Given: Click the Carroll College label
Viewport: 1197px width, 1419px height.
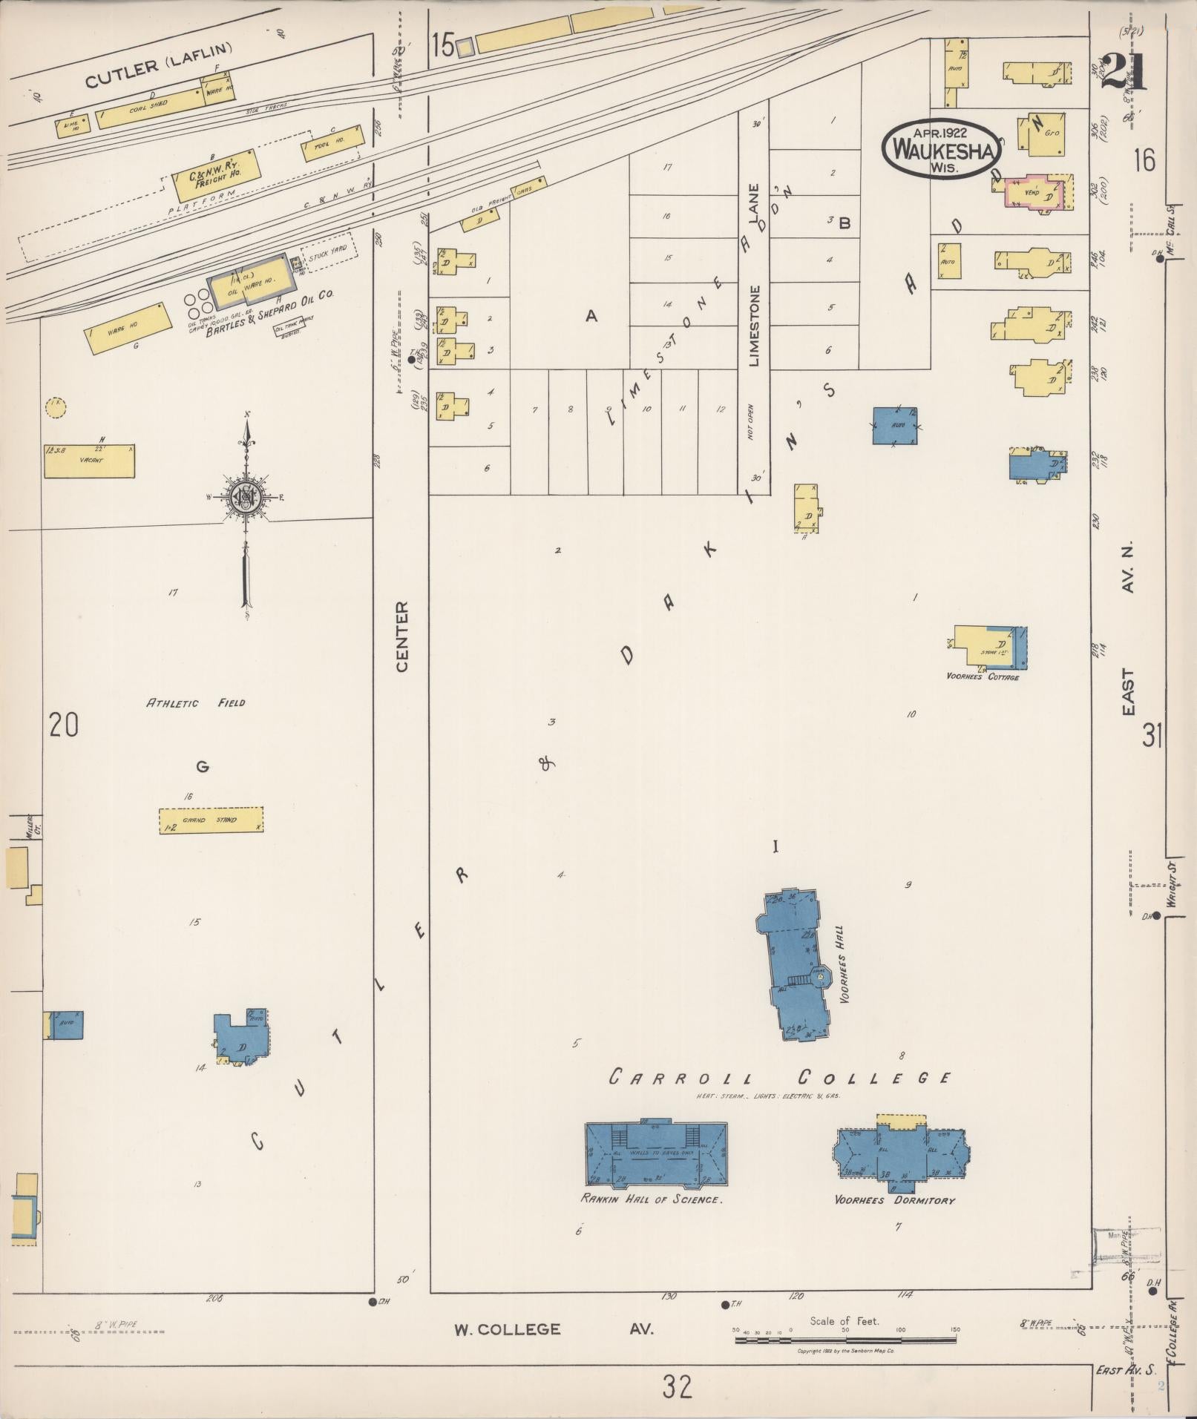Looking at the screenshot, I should pos(779,1078).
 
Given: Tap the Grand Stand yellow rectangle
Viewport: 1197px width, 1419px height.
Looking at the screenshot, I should pos(211,820).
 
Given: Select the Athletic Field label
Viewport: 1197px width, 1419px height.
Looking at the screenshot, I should pos(195,702).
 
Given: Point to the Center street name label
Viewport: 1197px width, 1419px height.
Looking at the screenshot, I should pos(402,637).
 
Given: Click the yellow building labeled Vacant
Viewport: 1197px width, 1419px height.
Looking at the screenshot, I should pos(90,461).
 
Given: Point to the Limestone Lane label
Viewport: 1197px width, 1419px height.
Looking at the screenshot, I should pos(755,274).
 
